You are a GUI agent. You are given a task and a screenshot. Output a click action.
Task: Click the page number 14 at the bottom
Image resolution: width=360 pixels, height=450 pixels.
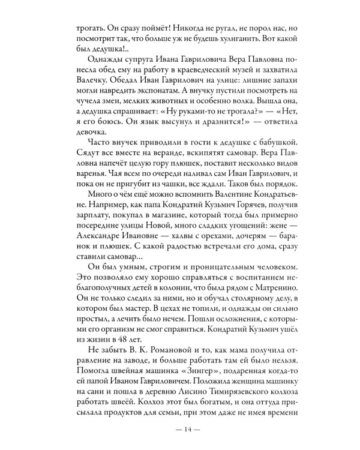click(x=179, y=428)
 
